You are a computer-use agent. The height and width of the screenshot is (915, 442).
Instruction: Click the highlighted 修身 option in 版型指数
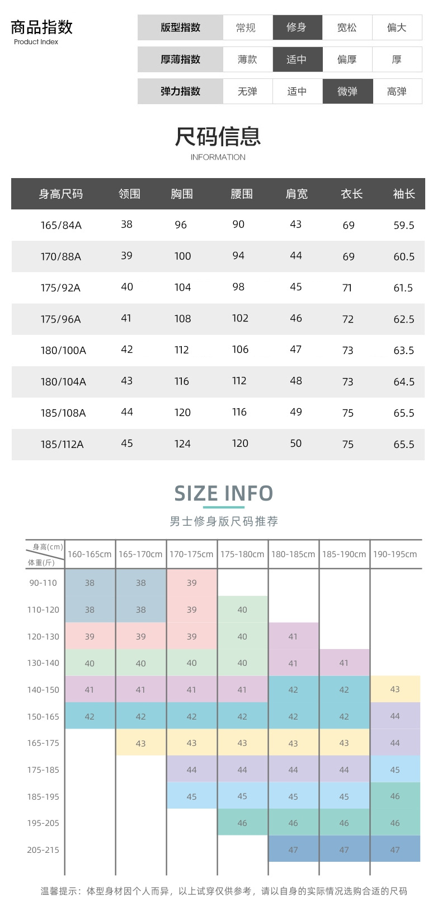pos(297,27)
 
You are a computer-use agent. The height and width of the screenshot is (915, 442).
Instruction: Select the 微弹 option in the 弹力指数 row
pos(347,91)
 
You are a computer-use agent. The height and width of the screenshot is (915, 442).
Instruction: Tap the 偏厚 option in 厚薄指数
pos(347,59)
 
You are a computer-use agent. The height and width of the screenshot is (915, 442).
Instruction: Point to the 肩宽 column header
pos(297,194)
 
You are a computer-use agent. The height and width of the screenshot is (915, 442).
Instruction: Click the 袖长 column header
pos(404,194)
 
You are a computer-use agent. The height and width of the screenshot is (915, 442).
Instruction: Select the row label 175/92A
pos(60,288)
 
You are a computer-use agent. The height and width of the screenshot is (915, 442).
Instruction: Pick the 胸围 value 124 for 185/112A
pos(182,444)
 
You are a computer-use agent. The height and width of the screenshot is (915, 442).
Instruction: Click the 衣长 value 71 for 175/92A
pos(347,288)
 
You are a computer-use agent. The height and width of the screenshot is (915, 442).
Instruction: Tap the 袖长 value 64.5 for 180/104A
pos(404,382)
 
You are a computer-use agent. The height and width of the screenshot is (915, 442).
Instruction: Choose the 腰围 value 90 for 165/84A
pos(238,225)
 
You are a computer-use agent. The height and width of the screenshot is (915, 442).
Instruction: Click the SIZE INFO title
pos(223,493)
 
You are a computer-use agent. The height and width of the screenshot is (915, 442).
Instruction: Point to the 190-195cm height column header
pos(395,554)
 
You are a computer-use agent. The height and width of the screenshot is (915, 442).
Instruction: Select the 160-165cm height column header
pos(90,554)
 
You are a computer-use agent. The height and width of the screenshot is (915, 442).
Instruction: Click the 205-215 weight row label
pos(43,850)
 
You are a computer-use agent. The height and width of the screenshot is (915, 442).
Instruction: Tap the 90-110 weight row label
pos(43,583)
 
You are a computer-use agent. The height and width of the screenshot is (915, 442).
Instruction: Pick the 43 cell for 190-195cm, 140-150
pos(395,689)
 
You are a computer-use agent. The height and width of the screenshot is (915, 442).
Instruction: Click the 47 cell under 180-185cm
pos(293,849)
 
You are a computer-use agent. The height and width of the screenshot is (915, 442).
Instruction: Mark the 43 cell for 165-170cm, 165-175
pos(140,743)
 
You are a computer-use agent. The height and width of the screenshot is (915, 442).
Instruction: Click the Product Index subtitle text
pos(36,42)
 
